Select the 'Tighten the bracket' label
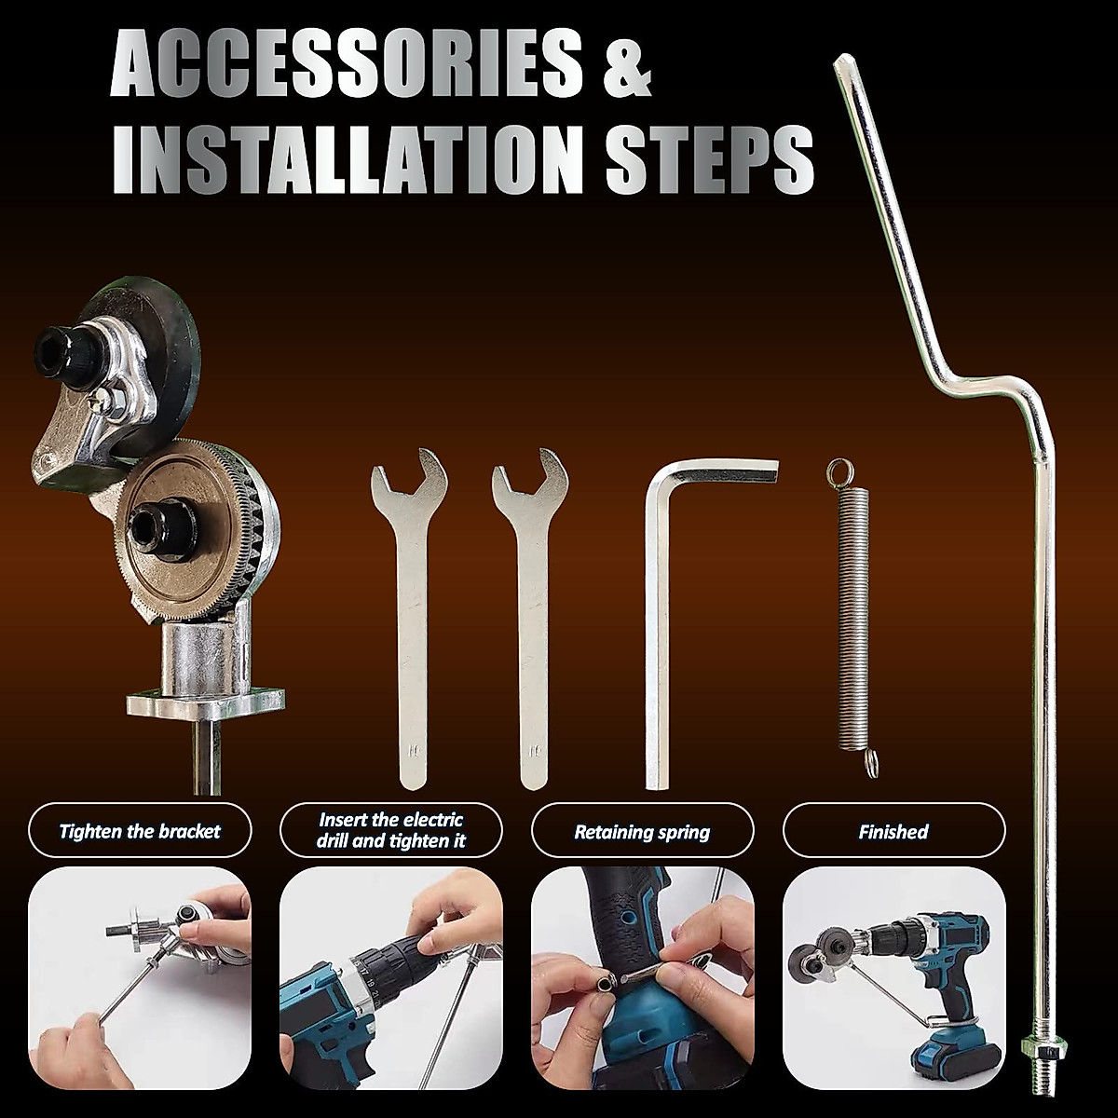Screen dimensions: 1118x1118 click(x=140, y=831)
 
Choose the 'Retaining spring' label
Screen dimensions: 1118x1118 click(x=642, y=832)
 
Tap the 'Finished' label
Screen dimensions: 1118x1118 click(x=893, y=831)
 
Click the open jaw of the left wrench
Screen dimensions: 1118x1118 click(x=401, y=466)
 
